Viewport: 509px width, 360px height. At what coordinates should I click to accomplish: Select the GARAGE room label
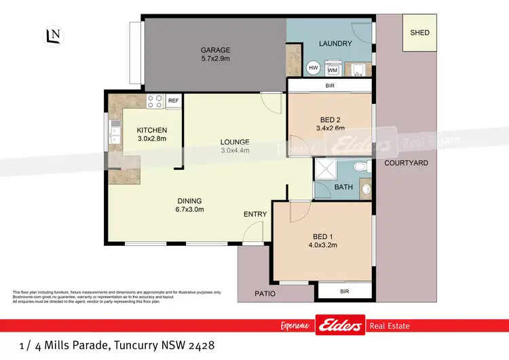(215, 50)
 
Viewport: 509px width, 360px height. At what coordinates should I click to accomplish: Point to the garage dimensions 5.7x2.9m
(215, 59)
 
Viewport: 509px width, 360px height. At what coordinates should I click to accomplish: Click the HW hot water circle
(314, 68)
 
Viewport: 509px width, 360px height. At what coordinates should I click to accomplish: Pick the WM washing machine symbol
(333, 69)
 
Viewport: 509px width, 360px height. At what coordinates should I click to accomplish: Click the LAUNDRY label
(335, 43)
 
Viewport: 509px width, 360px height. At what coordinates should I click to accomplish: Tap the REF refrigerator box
(173, 101)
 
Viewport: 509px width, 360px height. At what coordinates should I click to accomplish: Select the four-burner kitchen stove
(155, 101)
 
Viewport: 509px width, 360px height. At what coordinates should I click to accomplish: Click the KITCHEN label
(151, 130)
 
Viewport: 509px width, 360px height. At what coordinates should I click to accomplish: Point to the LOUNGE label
(235, 142)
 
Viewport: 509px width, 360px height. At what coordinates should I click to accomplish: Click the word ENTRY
(255, 215)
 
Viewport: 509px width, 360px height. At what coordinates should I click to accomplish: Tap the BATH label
(343, 187)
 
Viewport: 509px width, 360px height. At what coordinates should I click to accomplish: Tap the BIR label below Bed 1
(344, 291)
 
